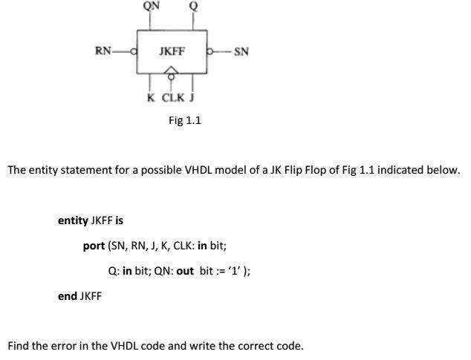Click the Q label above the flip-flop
click(x=195, y=7)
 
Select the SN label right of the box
click(x=241, y=52)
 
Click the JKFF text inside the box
click(x=172, y=52)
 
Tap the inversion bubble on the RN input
click(x=134, y=51)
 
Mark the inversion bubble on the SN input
click(x=211, y=52)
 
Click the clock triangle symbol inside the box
click(x=172, y=68)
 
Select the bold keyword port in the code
click(x=94, y=245)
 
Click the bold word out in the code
click(x=184, y=270)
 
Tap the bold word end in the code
click(x=67, y=295)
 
